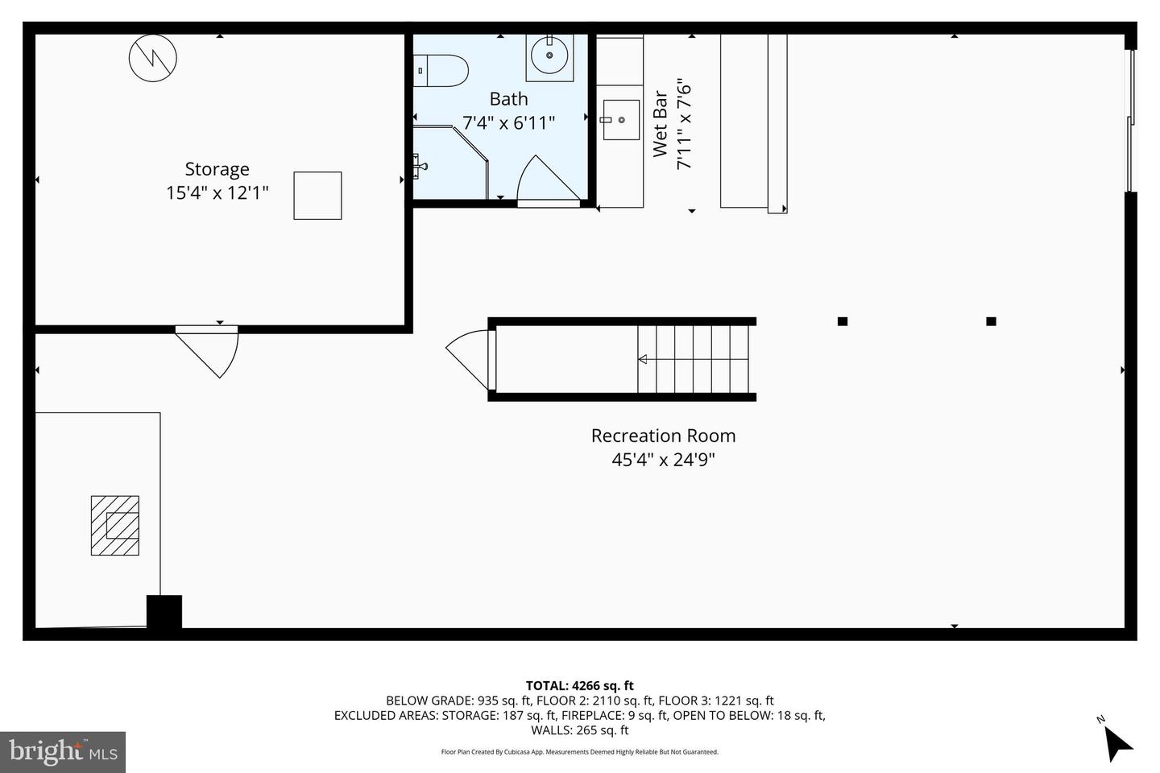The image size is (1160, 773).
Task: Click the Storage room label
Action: point(217,169)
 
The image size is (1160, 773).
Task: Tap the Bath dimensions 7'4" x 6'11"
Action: point(508,123)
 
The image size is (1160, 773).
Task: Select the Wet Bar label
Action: point(660,124)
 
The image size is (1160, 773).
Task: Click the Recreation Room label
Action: point(663,436)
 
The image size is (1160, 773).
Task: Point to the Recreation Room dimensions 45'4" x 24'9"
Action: point(663,460)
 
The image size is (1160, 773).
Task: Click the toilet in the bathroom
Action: point(441,71)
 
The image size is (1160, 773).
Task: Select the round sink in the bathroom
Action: point(550,56)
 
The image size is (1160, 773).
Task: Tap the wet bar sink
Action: point(621,120)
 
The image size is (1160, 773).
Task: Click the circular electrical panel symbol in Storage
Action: point(153,57)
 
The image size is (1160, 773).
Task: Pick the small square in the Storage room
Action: point(317,196)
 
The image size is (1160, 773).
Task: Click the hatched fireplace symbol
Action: point(114,525)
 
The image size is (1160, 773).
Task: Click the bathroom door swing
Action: point(545,181)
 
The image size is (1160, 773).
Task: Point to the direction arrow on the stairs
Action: point(643,359)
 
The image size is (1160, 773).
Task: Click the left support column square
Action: point(843,321)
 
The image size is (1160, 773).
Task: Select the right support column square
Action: point(991,321)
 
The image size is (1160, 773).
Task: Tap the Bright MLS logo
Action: point(63,752)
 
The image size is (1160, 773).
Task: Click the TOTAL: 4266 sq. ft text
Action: point(579,686)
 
